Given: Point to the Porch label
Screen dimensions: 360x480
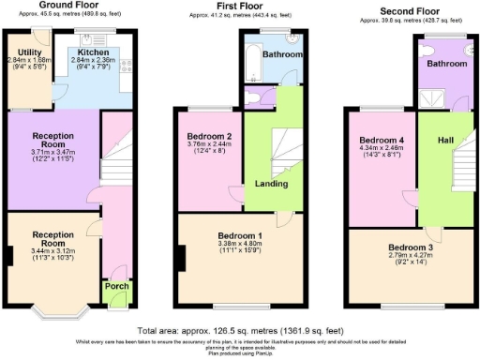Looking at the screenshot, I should click(116, 286).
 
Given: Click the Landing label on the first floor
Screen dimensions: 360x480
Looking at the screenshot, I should click(271, 184).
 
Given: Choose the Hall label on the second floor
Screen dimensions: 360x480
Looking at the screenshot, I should click(445, 140).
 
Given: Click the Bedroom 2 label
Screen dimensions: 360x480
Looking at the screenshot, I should click(209, 136).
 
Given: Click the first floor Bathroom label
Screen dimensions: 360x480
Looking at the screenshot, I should click(282, 55).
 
